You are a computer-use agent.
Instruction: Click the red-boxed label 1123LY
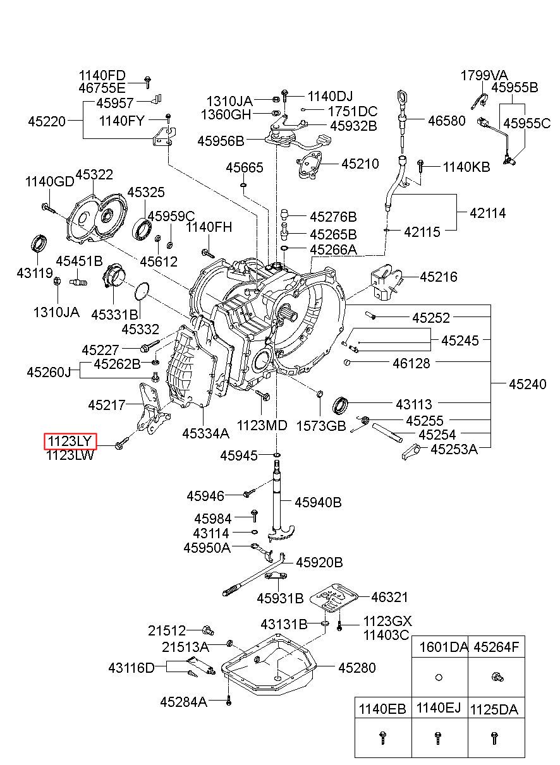click(70, 441)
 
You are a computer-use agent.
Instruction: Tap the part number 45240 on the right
click(527, 384)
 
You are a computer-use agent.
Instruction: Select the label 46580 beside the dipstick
click(447, 121)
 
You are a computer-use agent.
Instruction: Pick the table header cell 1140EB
click(382, 709)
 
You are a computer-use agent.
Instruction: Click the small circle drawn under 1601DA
click(439, 677)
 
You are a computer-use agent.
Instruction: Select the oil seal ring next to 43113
click(340, 405)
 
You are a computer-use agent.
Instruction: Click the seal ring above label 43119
click(39, 243)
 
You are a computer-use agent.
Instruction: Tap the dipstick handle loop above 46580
click(401, 99)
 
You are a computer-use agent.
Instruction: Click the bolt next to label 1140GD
click(48, 208)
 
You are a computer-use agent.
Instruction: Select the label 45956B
click(221, 141)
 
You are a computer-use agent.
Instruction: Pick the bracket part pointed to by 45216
click(386, 284)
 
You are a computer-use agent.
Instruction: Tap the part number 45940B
click(318, 502)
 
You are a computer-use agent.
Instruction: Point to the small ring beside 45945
click(277, 455)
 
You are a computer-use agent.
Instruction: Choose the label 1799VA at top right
click(484, 75)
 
